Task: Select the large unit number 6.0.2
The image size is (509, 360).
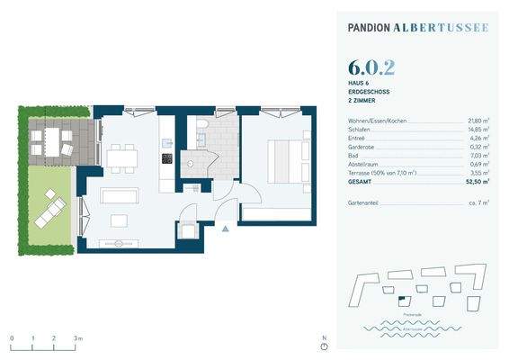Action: pyautogui.click(x=371, y=67)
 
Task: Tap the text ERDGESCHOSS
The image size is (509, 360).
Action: pyautogui.click(x=369, y=92)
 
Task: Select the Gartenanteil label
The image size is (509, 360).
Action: pyautogui.click(x=364, y=204)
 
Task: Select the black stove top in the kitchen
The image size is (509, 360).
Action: pyautogui.click(x=166, y=159)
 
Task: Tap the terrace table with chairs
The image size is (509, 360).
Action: pyautogui.click(x=51, y=140)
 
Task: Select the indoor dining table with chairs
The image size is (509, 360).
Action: pyautogui.click(x=120, y=157)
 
